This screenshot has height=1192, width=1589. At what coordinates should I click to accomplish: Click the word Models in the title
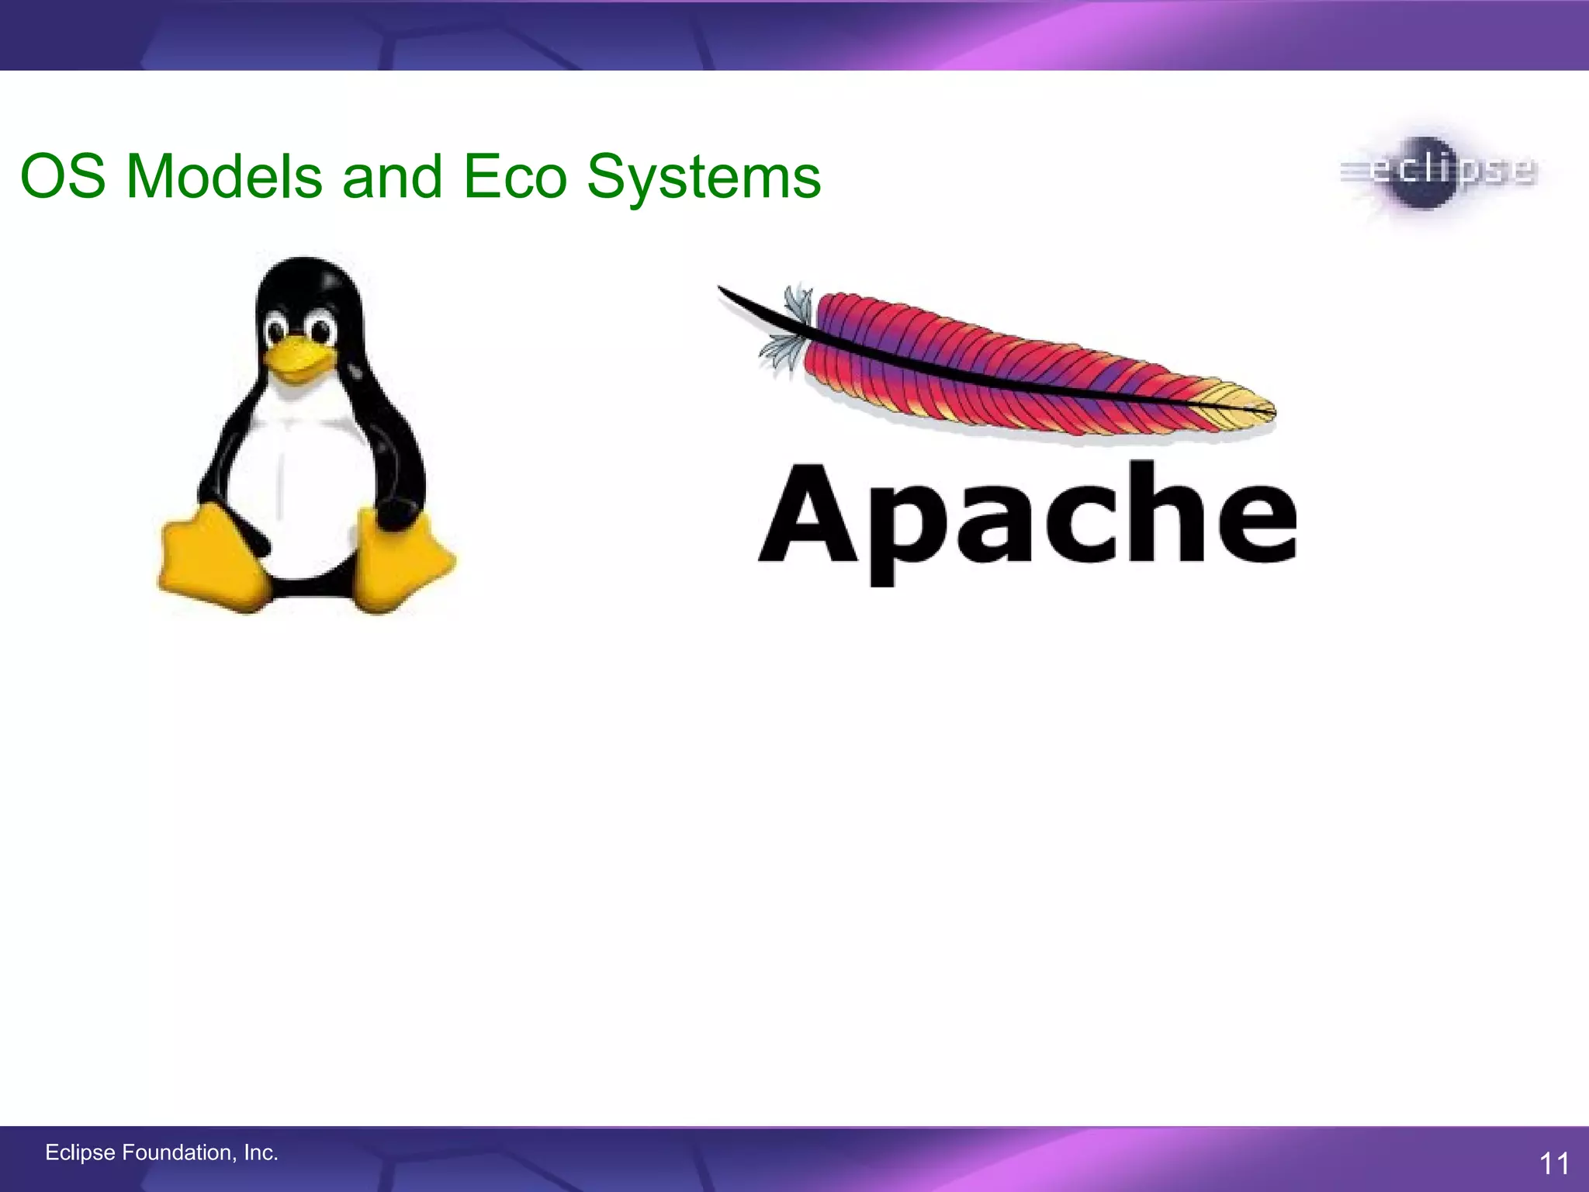click(223, 177)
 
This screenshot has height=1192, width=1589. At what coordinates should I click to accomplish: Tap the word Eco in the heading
click(515, 177)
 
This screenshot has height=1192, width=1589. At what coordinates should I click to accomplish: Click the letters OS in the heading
click(62, 177)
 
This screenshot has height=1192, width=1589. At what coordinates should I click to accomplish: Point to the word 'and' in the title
click(393, 177)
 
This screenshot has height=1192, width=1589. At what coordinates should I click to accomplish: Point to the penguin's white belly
click(303, 481)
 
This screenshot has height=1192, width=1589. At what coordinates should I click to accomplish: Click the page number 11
click(1553, 1164)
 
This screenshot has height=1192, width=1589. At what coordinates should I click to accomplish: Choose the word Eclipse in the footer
click(80, 1153)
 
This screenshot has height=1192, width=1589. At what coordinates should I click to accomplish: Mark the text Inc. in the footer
click(261, 1153)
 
